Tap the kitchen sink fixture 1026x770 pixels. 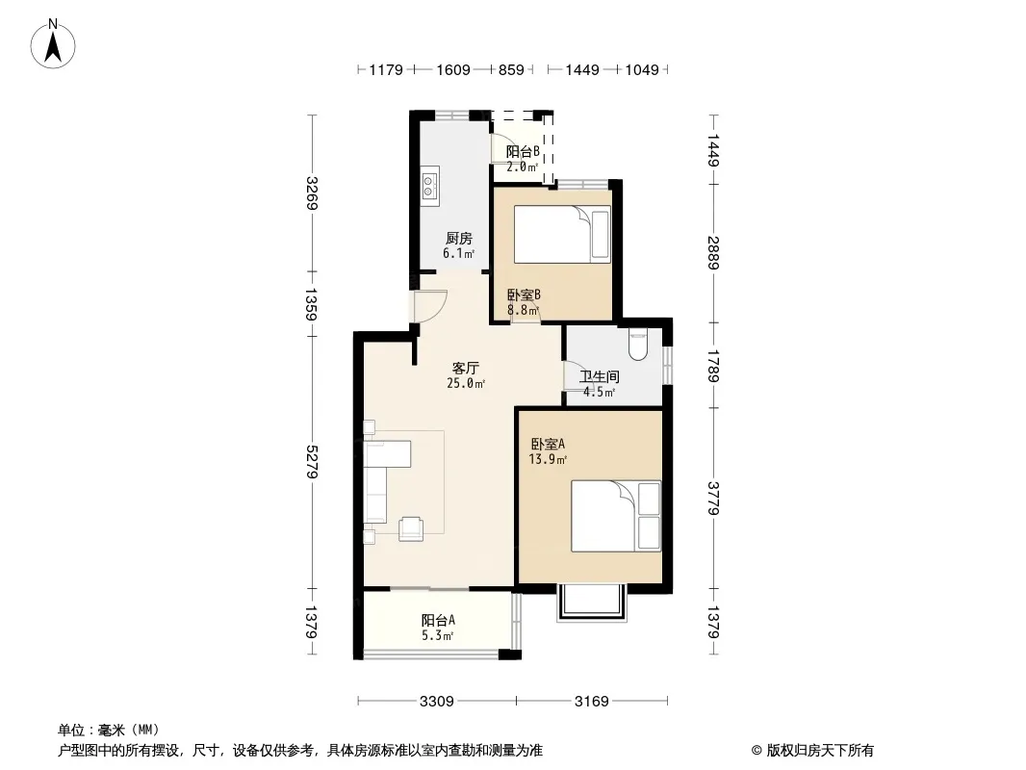click(430, 185)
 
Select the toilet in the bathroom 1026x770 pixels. click(638, 344)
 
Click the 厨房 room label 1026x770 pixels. click(459, 238)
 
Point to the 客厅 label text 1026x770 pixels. click(465, 368)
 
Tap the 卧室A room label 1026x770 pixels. click(548, 445)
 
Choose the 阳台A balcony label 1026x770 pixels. click(438, 620)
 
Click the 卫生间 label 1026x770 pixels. click(600, 377)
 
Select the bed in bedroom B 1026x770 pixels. click(562, 234)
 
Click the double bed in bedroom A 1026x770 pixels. click(616, 516)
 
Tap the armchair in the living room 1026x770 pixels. click(411, 528)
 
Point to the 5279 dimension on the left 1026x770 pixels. click(312, 462)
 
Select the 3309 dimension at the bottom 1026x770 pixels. click(436, 702)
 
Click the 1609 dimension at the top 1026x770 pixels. click(452, 69)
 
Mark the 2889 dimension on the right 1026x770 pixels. click(713, 252)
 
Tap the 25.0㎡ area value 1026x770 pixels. click(466, 383)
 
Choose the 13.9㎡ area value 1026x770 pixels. click(548, 459)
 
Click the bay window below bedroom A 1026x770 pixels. click(592, 603)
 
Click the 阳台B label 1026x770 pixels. click(523, 152)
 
